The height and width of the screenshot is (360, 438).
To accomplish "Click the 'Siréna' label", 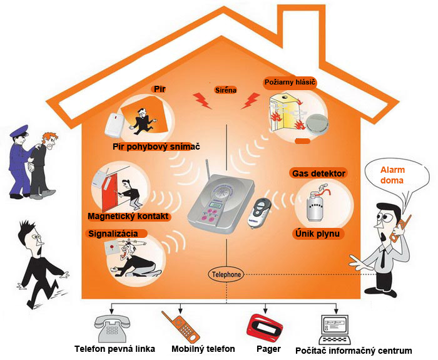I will [226, 90].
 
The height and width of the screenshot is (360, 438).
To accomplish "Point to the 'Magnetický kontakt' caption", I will [130, 216].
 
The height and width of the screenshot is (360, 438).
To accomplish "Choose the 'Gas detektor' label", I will [319, 173].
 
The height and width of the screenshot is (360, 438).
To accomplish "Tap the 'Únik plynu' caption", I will [317, 234].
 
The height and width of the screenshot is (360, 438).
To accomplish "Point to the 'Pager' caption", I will [268, 349].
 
